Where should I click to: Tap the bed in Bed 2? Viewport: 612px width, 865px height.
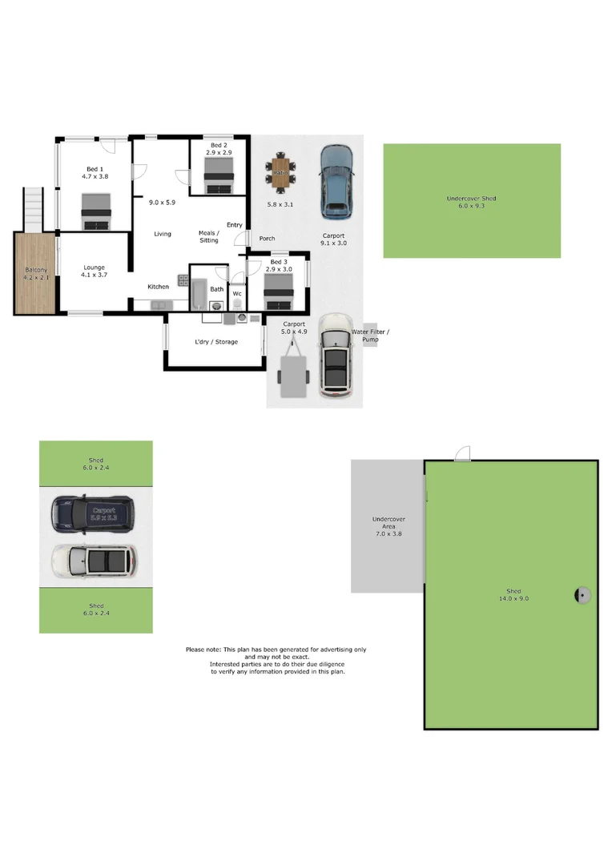coord(219,174)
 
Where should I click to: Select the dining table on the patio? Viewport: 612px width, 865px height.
coord(280,174)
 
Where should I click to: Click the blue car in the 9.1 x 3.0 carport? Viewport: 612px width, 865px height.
coord(336,182)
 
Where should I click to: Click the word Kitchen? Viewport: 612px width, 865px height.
coord(158,287)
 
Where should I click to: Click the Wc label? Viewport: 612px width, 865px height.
coord(237,294)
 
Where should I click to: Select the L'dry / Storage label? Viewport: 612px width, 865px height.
coord(216,342)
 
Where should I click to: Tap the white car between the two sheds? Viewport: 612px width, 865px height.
coord(93,561)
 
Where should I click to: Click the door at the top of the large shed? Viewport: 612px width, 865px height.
coord(462,453)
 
